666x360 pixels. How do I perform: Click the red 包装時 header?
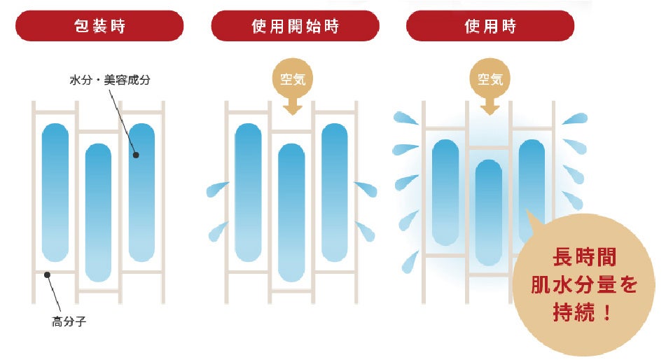point(99,26)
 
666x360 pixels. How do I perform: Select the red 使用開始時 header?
point(295,26)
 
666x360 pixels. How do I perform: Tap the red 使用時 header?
point(490,26)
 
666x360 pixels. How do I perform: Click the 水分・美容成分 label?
point(110,81)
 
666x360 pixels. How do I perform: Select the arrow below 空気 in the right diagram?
point(490,106)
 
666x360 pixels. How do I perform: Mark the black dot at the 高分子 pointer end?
point(47,275)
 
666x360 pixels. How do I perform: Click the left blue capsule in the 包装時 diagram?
point(55,192)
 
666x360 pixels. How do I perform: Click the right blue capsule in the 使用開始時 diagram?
point(335,192)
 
